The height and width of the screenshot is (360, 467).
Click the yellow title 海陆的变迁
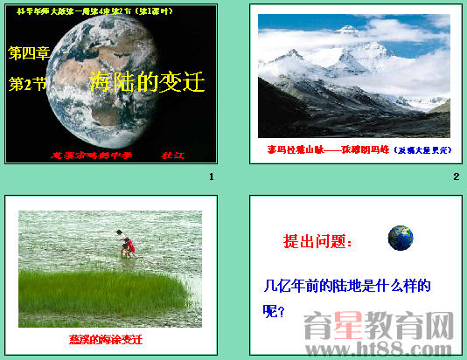click(x=147, y=83)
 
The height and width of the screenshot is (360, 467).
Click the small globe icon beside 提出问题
click(x=401, y=237)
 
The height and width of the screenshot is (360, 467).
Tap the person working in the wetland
click(x=129, y=246)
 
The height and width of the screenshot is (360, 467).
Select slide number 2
click(x=456, y=178)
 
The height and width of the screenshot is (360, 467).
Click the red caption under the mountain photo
click(x=359, y=149)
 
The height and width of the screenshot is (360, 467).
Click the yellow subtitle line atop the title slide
click(x=110, y=12)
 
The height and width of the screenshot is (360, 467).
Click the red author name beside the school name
click(x=169, y=155)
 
